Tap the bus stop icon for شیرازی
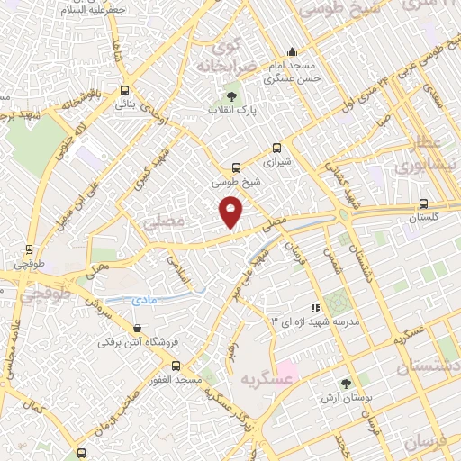(276, 149)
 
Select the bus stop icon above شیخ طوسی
(237, 167)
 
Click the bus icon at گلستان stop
(423, 203)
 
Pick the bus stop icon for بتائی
(124, 90)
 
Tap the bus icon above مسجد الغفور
(175, 366)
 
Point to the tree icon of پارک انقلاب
(232, 96)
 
